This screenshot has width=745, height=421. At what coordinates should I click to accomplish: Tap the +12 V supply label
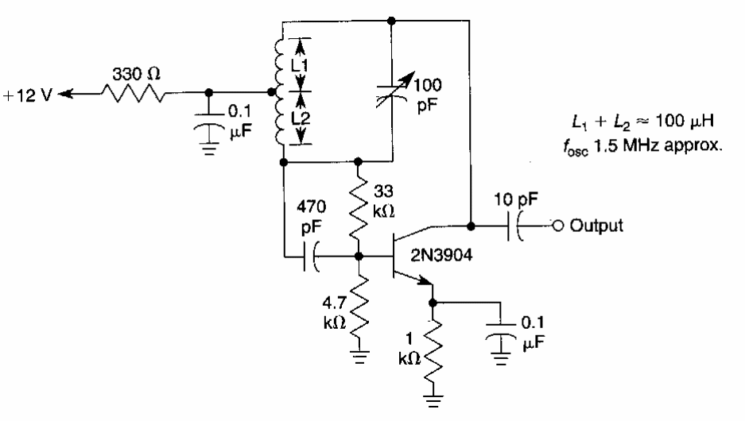coord(25,94)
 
